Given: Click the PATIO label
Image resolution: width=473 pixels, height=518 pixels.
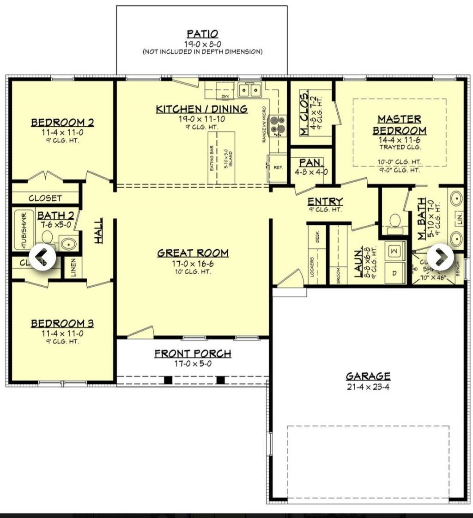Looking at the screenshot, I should pos(202,34).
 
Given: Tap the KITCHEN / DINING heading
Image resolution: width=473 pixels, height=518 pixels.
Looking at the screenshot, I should pos(201,109).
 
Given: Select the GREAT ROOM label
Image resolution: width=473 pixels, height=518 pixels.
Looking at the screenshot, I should pos(193,253).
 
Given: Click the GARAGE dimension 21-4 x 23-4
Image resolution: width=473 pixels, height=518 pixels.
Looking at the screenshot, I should pos(368,387).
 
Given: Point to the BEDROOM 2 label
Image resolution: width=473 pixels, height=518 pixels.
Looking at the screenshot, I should pos(62,123).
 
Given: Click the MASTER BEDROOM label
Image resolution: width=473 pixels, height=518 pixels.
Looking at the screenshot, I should pos(399,125).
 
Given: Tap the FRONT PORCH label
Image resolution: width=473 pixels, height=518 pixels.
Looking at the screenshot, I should pos(193,354).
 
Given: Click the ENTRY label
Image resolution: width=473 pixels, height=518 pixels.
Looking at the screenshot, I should pos(325,201).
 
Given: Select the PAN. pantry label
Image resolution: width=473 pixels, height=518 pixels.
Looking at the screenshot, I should pos(311,163).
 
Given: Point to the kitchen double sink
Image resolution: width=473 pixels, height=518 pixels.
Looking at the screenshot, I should pos(250,90).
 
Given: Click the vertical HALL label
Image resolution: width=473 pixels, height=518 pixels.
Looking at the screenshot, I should pos(99,230).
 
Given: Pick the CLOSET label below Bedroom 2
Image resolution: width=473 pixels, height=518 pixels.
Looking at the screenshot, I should pos(45,198).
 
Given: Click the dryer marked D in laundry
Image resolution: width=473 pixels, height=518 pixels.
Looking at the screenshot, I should pos(394,273).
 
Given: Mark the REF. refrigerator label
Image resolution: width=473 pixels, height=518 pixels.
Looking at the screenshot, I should pos(278,167).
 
